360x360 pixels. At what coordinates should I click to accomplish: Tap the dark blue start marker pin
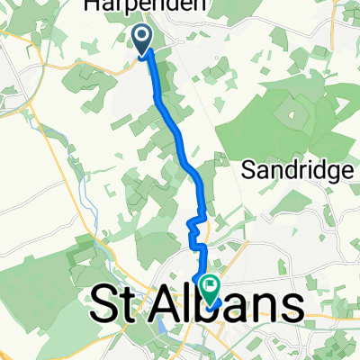coord(144,40)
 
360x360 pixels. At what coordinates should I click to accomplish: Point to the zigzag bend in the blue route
coord(195,222)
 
